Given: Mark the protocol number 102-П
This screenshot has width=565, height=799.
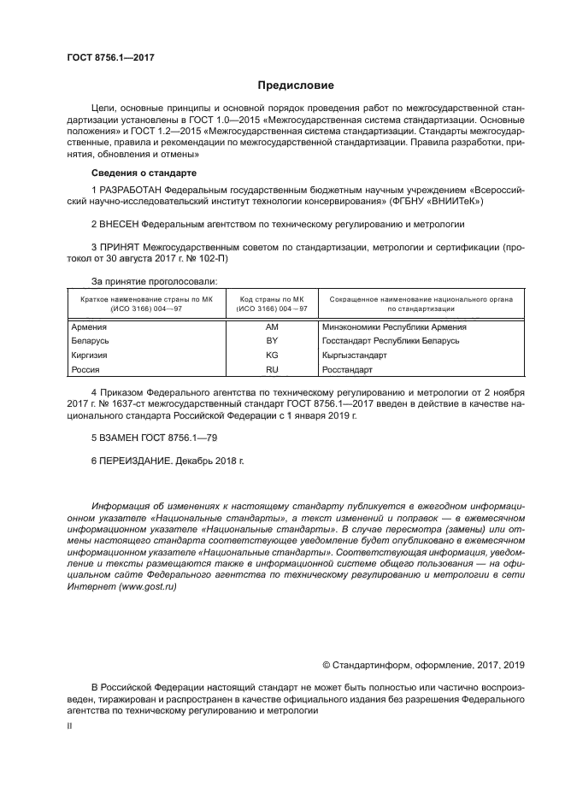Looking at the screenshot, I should (x=215, y=258).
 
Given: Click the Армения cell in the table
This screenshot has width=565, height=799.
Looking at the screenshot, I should (x=90, y=327).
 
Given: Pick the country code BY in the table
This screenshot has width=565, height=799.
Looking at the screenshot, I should (x=272, y=341).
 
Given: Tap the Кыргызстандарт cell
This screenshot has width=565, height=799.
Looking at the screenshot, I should (x=354, y=355).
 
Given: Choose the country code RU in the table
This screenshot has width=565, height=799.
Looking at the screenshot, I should (x=272, y=369).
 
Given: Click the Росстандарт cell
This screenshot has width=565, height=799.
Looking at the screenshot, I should (x=347, y=369).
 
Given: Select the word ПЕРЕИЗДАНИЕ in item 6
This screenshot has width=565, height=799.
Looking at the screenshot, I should (x=136, y=461).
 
